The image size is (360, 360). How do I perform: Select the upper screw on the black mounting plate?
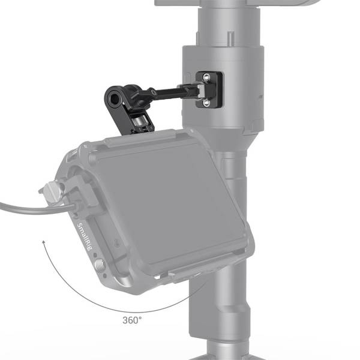207,77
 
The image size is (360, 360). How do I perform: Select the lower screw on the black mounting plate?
207,103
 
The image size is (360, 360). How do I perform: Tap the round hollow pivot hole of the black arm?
114,97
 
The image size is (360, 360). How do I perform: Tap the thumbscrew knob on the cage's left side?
48,193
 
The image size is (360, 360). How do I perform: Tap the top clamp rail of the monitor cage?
150,139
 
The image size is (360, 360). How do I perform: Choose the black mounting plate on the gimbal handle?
210,90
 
